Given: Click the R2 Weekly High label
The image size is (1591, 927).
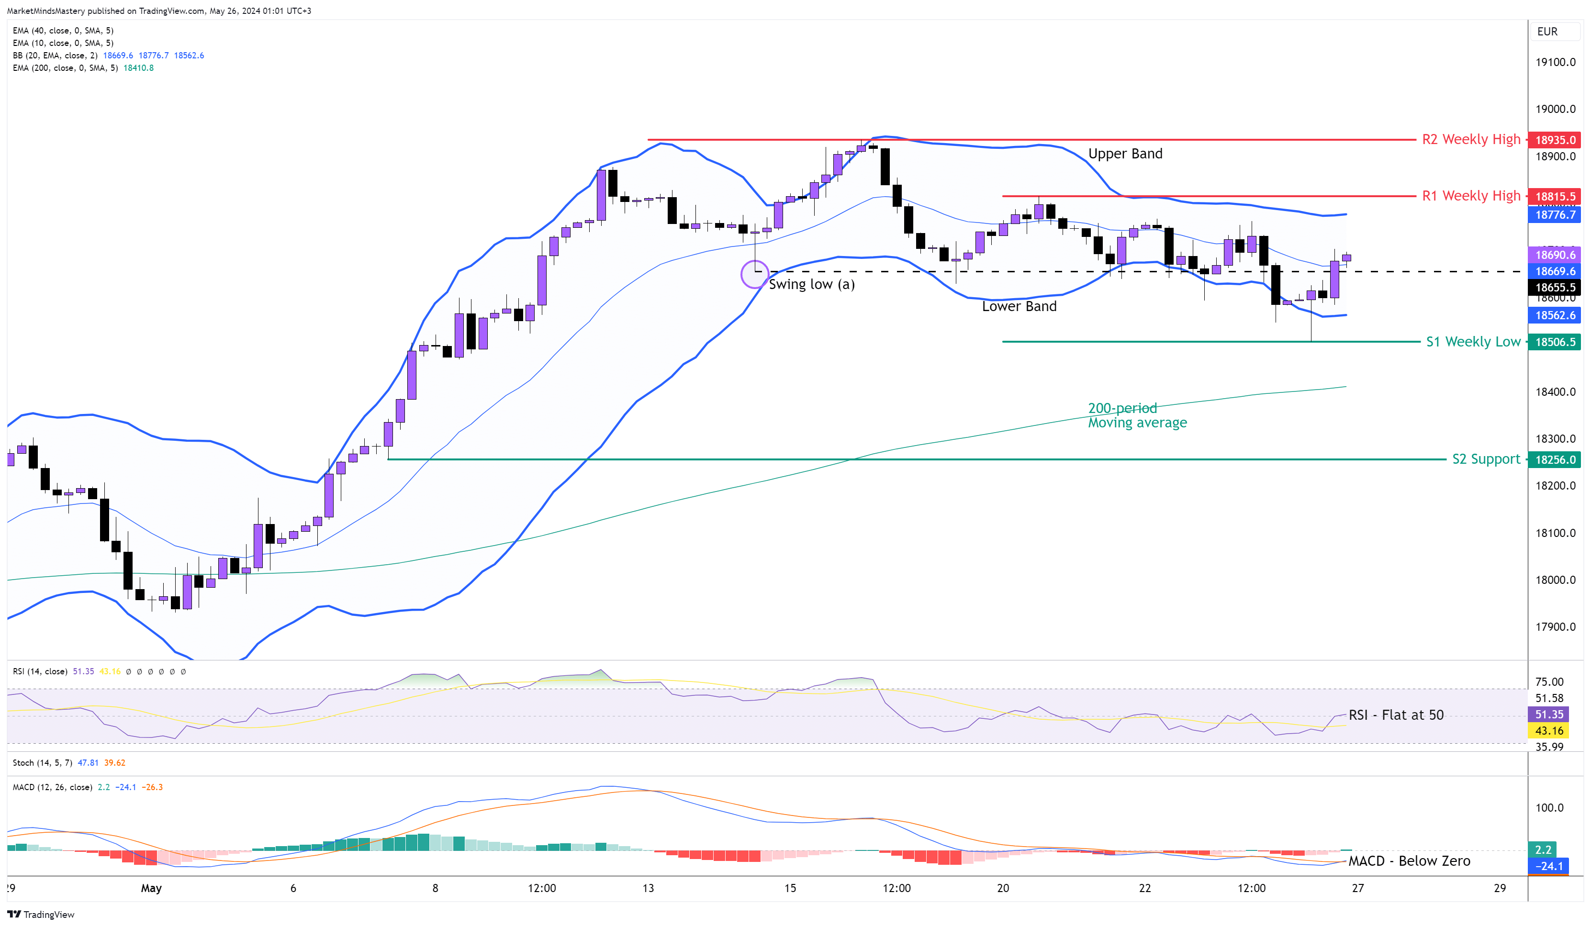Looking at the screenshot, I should pos(1470,140).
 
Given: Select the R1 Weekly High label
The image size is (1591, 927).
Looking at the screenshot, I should pos(1470,196).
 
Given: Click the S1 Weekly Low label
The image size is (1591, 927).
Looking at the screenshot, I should pos(1473,342).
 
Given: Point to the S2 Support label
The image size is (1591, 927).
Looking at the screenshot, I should pos(1486,459).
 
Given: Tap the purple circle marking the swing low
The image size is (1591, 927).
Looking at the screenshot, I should pos(754,274).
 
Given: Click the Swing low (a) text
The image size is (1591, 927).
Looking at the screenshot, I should pos(811,284).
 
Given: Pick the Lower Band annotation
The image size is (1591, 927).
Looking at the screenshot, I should pos(1019,306).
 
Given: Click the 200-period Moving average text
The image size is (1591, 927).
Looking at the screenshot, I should pos(1136,415).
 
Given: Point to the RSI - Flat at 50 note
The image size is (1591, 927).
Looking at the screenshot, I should pos(1395,715).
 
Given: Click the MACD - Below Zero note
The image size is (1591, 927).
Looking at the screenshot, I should pos(1409,860).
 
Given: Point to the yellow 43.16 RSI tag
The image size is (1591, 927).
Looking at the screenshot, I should pos(1549,731).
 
